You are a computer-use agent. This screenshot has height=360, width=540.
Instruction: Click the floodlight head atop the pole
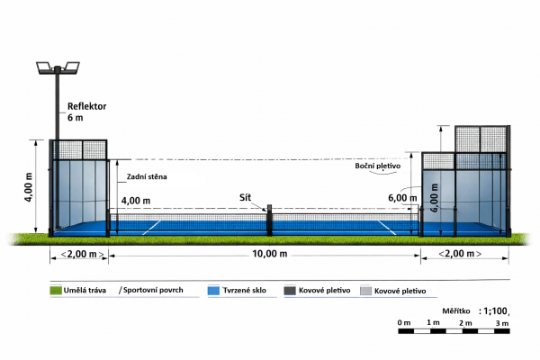pos(58,67)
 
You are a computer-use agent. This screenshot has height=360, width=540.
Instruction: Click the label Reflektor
pos(86,106)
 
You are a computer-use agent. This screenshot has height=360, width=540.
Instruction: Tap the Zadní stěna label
pos(147,176)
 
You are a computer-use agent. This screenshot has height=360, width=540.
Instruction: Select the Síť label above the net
pos(245,197)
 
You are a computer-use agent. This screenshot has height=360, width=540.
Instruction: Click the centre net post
pos(269,220)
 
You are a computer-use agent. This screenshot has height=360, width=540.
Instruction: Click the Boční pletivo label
pos(378,166)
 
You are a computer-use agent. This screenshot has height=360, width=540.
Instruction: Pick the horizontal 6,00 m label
pos(402,198)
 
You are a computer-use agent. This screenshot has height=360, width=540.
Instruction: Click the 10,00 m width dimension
pos(270,254)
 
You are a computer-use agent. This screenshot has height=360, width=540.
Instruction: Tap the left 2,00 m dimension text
pos(82,254)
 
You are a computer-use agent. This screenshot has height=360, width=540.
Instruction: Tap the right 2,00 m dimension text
pos(460,254)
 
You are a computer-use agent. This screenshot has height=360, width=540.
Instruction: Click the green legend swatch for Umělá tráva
pos(56,291)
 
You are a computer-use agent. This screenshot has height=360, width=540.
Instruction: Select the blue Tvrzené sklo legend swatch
pos(213,291)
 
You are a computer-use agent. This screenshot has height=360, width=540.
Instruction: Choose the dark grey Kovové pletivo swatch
pos(290,291)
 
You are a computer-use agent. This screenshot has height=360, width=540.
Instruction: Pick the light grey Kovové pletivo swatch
pos(365,291)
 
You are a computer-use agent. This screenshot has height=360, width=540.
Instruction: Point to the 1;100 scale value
pos(495,311)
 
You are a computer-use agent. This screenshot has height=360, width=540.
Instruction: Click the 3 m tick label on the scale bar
pos(502,323)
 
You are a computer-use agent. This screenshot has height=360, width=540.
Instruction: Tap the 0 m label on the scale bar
pos(404,323)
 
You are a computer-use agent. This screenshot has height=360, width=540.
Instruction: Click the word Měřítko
pos(456,311)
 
